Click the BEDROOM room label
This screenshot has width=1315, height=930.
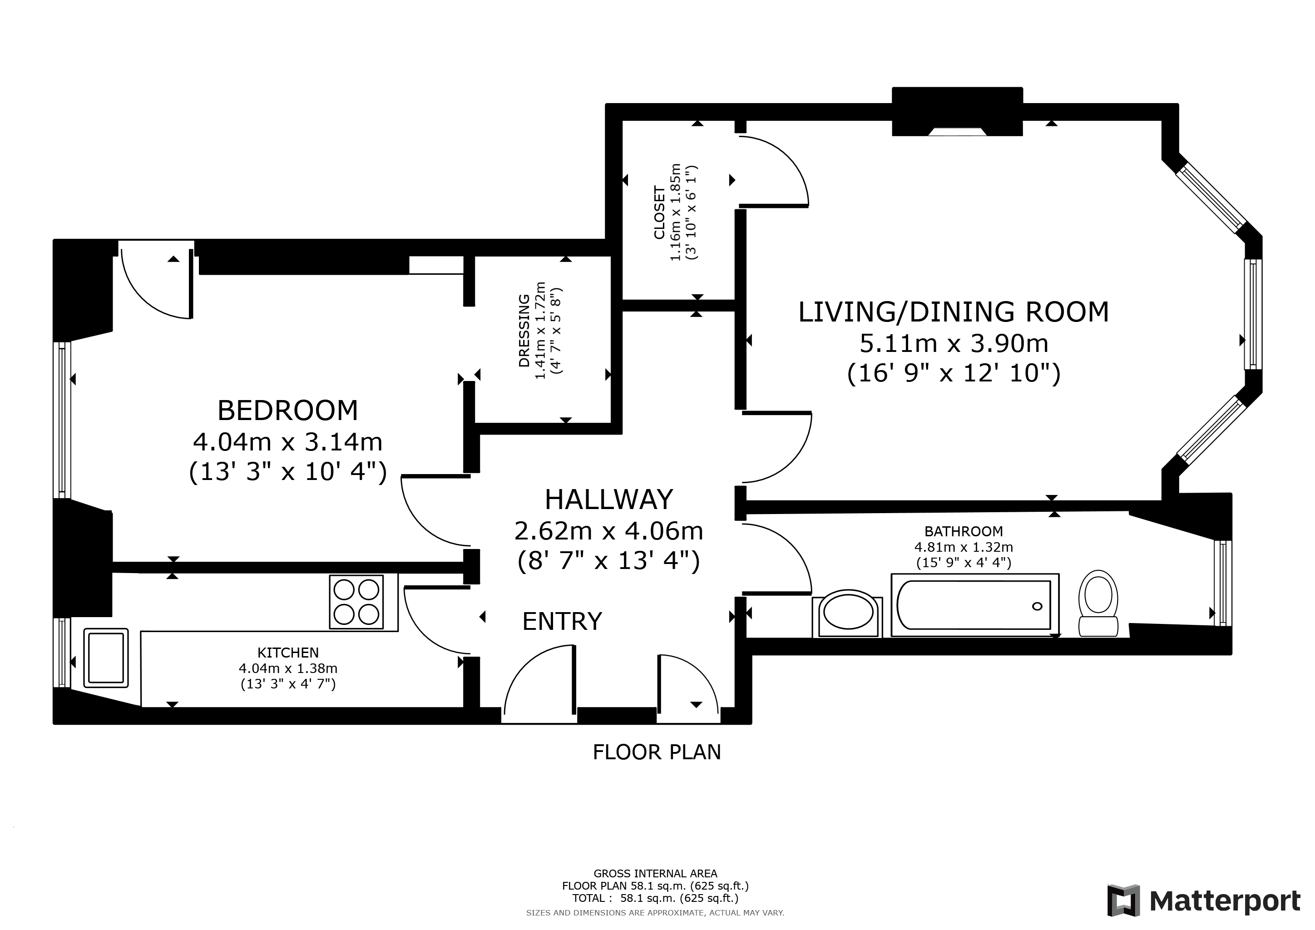[x=287, y=411]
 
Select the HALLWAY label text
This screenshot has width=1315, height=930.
[x=608, y=500]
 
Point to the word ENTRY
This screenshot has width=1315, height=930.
[x=562, y=621]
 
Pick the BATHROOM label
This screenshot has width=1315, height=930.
[x=964, y=531]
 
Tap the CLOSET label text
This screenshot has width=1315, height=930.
[x=659, y=213]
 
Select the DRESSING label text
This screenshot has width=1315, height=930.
[x=524, y=331]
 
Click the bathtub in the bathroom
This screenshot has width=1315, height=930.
[x=975, y=605]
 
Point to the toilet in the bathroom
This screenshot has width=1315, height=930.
[x=1098, y=604]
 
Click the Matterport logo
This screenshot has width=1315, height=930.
[x=1203, y=901]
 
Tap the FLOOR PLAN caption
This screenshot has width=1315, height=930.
[x=657, y=752]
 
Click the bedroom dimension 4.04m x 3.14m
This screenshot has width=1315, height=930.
[x=287, y=441]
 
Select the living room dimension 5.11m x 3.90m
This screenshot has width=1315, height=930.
[x=954, y=344]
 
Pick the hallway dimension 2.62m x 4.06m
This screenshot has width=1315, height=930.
[x=608, y=531]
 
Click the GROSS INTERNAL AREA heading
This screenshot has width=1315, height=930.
[x=655, y=874]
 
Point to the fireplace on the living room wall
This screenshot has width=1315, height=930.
[x=957, y=112]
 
